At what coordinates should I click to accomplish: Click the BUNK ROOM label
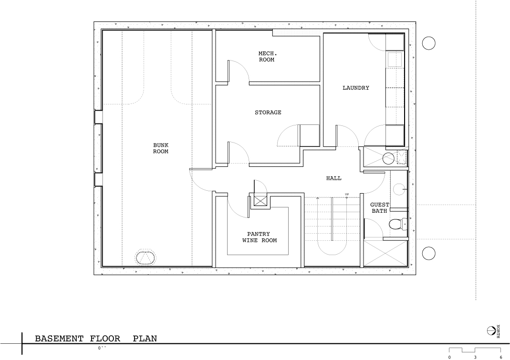tap(161, 148)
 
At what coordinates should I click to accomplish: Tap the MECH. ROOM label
tap(267, 57)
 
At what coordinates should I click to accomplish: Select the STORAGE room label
tap(268, 113)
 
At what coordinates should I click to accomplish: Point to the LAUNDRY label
tap(356, 88)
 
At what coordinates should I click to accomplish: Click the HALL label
tap(333, 178)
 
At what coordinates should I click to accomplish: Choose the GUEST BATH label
tap(380, 208)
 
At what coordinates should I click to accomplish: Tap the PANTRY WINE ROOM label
tap(259, 237)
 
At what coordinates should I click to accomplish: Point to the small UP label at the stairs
tap(347, 195)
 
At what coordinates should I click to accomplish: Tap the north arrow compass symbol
tap(491, 330)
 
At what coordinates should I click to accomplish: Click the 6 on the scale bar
tap(501, 358)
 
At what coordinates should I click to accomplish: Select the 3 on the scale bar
tap(475, 358)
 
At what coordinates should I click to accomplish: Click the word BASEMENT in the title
tap(59, 339)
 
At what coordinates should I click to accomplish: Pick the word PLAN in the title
tap(145, 339)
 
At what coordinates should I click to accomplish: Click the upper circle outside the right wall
tap(429, 43)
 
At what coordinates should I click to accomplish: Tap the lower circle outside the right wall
tap(429, 253)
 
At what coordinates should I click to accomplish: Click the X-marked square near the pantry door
tap(260, 201)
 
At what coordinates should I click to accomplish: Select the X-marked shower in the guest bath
tap(385, 254)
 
